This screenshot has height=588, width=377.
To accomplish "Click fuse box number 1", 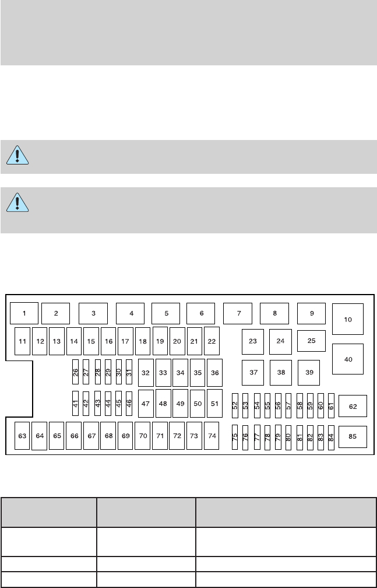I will pyautogui.click(x=24, y=313).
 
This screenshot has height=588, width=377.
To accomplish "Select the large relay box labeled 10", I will pyautogui.click(x=348, y=319).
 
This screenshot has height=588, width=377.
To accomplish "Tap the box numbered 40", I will pyautogui.click(x=348, y=359).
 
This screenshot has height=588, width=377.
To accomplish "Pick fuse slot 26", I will pyautogui.click(x=75, y=372).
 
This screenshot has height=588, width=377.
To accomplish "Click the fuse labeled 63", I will pyautogui.click(x=22, y=435).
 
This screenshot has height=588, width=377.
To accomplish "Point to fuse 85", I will pyautogui.click(x=353, y=436).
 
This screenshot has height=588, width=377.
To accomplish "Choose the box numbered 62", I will pyautogui.click(x=353, y=406).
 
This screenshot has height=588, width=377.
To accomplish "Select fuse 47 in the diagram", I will pyautogui.click(x=146, y=404).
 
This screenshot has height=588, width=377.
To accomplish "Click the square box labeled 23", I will pyautogui.click(x=252, y=341).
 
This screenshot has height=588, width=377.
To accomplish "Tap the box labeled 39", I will pyautogui.click(x=309, y=372).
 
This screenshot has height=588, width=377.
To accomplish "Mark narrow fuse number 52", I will pyautogui.click(x=235, y=404).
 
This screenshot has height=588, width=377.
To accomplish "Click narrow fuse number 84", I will pyautogui.click(x=331, y=437).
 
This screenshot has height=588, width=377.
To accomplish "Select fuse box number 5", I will pyautogui.click(x=166, y=313).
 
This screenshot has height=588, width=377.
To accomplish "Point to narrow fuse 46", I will pyautogui.click(x=129, y=403).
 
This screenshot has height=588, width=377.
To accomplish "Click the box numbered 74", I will pyautogui.click(x=213, y=435).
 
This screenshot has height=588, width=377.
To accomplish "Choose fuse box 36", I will pyautogui.click(x=214, y=372).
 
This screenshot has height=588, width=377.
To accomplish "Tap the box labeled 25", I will pyautogui.click(x=311, y=341).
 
